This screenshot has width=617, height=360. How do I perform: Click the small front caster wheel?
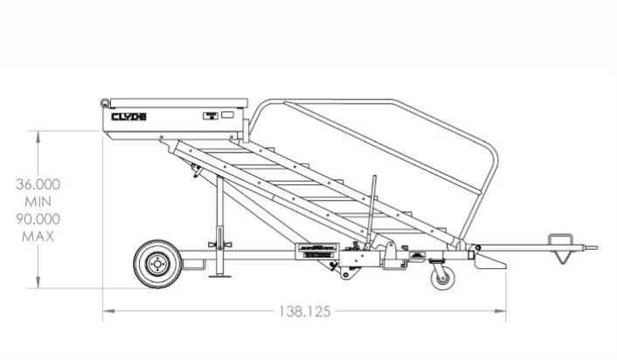point(442,279)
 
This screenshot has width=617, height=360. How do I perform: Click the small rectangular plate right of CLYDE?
point(211,115)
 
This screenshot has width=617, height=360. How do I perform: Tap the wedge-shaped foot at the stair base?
point(491,261)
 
